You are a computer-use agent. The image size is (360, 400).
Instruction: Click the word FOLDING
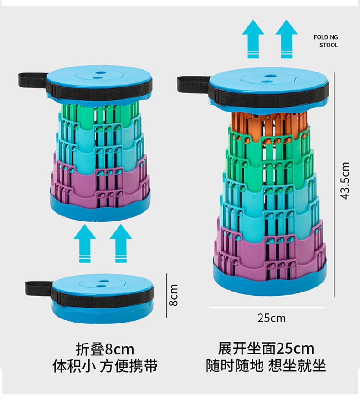[x=326, y=37]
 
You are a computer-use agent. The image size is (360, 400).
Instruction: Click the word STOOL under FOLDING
[x=329, y=45]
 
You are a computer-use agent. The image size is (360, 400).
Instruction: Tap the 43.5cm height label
[x=345, y=180]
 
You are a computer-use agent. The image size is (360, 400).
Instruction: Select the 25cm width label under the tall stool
[x=272, y=318]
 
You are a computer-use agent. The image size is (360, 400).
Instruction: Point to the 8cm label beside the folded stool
[x=173, y=295]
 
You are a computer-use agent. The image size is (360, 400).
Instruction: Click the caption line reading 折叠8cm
[x=105, y=349]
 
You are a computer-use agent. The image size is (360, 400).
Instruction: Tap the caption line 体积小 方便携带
[x=105, y=366]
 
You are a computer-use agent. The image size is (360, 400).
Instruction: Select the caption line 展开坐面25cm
[x=266, y=349]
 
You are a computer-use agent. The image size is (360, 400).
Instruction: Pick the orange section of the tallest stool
[x=269, y=125]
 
